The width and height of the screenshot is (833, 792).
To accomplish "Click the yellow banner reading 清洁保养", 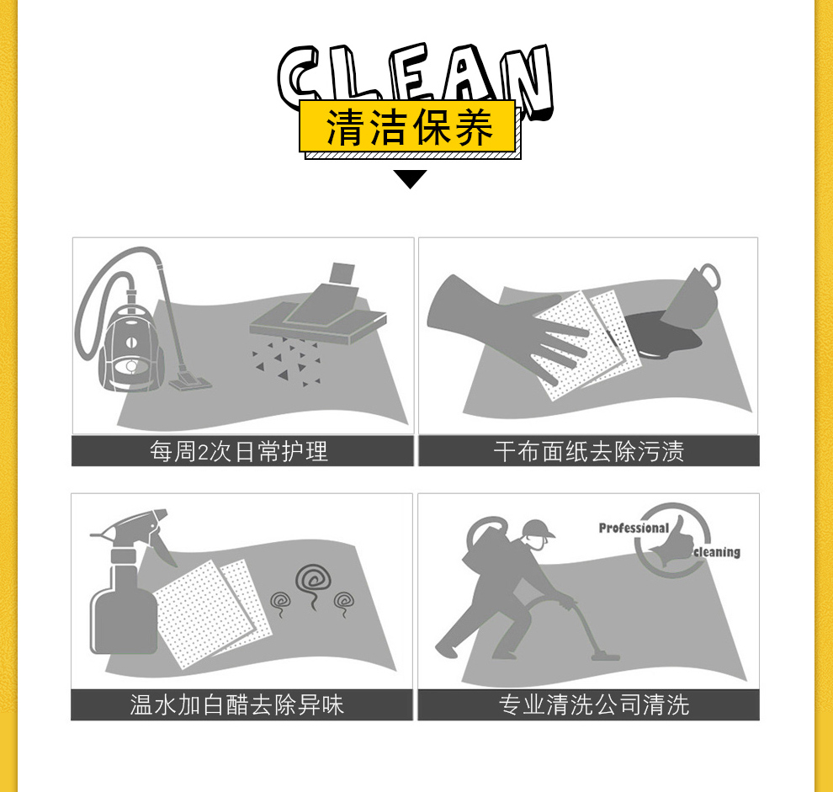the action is [407, 126].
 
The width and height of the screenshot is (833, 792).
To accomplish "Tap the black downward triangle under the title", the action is [410, 179].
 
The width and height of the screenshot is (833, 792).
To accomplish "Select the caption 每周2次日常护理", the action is [238, 452].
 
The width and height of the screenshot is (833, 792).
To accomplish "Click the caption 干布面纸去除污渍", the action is [589, 452].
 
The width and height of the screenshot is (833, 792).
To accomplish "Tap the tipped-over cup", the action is [692, 297].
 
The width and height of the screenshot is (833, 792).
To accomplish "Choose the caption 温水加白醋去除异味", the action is [237, 705].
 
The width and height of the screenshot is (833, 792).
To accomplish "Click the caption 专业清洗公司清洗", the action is [594, 705].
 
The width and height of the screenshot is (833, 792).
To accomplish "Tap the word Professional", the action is [634, 528].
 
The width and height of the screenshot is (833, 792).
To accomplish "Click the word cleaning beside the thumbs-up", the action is [717, 552].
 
